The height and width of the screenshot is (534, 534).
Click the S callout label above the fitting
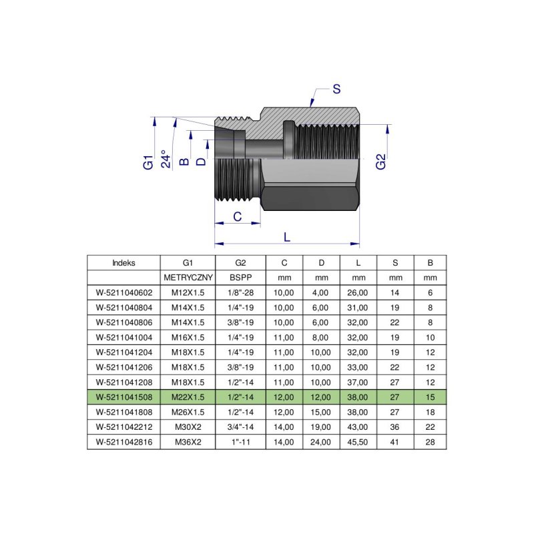(x=336, y=89)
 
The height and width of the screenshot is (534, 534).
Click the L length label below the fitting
(x=287, y=236)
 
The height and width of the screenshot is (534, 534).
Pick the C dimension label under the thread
(x=236, y=216)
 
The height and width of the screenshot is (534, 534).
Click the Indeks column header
(x=123, y=262)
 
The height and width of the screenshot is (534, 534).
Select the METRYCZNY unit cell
(x=188, y=277)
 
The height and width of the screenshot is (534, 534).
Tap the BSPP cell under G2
(x=240, y=277)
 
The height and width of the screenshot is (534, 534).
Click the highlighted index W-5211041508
(x=123, y=397)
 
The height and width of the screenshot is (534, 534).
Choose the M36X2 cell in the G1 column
(x=188, y=441)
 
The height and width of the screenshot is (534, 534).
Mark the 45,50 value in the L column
(x=358, y=441)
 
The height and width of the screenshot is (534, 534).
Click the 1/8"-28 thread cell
(x=240, y=292)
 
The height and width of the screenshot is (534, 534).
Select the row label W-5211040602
(x=123, y=292)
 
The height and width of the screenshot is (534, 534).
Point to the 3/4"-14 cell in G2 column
(x=240, y=427)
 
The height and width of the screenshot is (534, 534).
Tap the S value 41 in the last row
(x=395, y=441)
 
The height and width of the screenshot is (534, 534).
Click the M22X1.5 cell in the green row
(x=188, y=397)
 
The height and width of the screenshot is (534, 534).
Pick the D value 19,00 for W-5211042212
(x=321, y=427)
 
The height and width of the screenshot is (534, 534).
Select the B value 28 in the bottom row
(x=430, y=441)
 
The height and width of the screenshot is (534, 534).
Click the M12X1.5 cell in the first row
(x=188, y=292)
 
